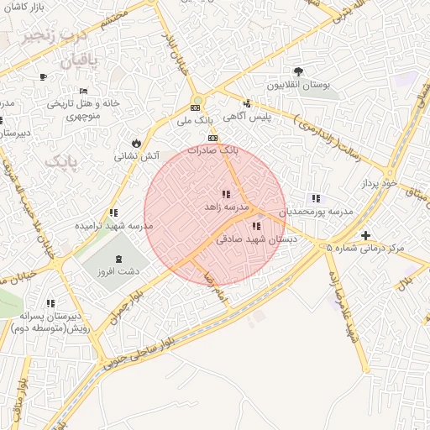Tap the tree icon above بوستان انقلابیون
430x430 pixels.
pos(299,71)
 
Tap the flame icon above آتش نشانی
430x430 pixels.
pos(136,143)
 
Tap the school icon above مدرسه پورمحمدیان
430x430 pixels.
pos(315,199)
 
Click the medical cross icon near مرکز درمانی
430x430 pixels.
pos(364,236)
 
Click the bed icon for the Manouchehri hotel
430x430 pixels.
pos(82,91)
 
